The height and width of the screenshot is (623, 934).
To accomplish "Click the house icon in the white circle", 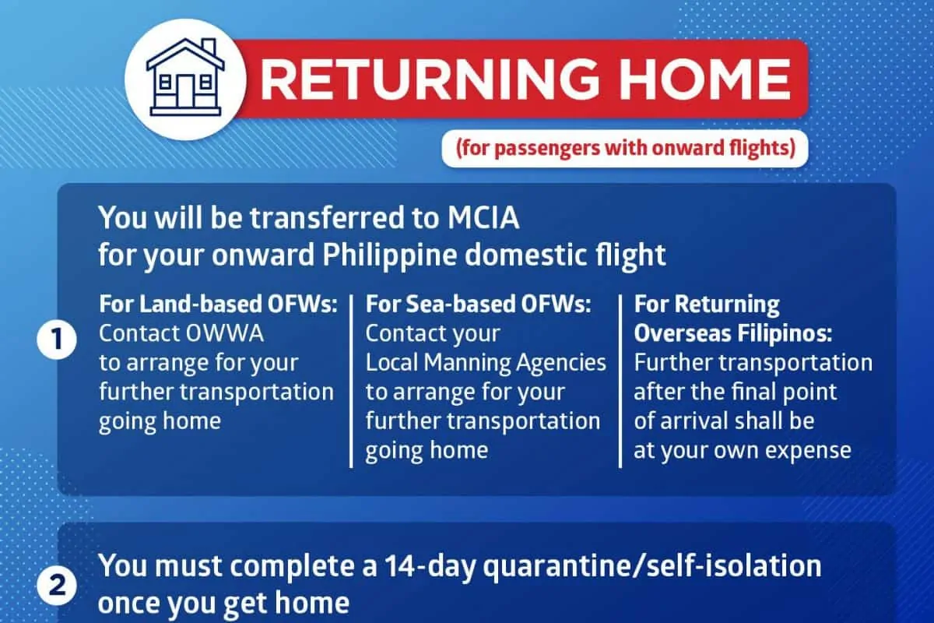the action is pyautogui.click(x=185, y=77).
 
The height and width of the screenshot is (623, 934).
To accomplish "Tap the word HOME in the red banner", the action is pyautogui.click(x=704, y=79).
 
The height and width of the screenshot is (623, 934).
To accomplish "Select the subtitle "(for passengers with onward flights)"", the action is pyautogui.click(x=626, y=149).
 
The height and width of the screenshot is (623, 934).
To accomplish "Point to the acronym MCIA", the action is pyautogui.click(x=483, y=217).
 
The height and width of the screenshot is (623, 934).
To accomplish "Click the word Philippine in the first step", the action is pyautogui.click(x=389, y=255).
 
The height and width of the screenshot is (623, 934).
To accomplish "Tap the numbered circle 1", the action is pyautogui.click(x=57, y=339).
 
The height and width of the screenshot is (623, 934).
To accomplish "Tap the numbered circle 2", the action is pyautogui.click(x=57, y=585).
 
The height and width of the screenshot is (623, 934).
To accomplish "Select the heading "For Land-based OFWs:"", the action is pyautogui.click(x=218, y=304).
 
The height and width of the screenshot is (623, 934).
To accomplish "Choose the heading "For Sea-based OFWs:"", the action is pyautogui.click(x=478, y=304).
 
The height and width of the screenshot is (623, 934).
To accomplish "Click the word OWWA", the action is pyautogui.click(x=225, y=333).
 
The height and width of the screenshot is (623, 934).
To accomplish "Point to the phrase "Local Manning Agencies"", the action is pyautogui.click(x=486, y=363).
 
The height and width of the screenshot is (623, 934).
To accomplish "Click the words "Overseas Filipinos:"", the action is pyautogui.click(x=733, y=333).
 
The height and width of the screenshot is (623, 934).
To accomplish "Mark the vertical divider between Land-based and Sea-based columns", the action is pyautogui.click(x=352, y=381).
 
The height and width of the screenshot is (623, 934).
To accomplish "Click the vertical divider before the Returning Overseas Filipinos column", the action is pyautogui.click(x=620, y=381).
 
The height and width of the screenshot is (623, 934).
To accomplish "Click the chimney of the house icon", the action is pyautogui.click(x=209, y=48).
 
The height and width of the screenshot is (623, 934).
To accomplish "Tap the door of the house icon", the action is pyautogui.click(x=185, y=91).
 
